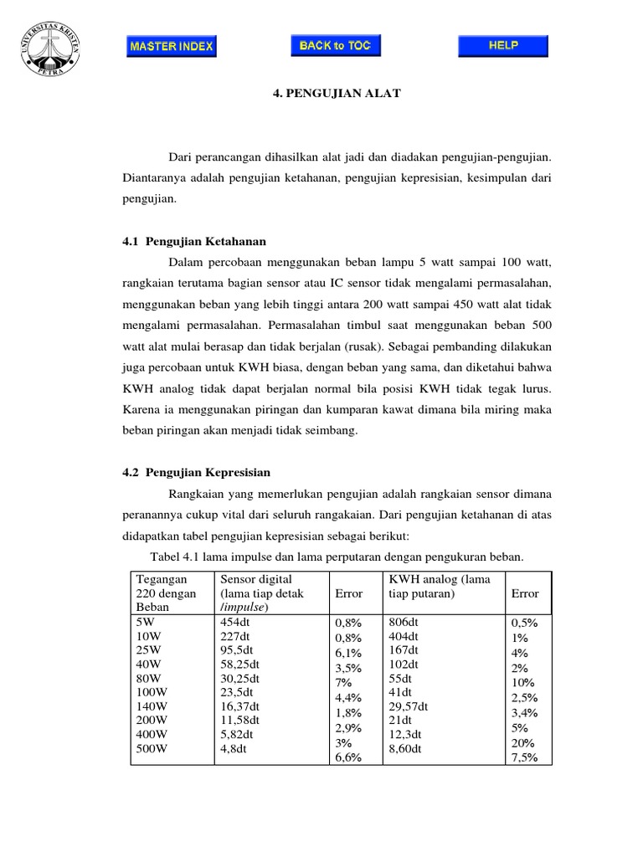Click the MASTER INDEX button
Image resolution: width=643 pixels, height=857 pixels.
(172, 46)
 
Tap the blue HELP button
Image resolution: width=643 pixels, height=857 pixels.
(503, 45)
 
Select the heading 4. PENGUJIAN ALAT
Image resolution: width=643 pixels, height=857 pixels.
(325, 95)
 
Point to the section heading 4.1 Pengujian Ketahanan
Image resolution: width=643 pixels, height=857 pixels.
(193, 241)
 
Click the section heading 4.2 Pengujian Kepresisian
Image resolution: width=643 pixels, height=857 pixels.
(197, 472)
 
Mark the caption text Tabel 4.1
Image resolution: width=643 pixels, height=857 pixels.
(174, 557)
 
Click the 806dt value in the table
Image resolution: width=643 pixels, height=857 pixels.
(405, 622)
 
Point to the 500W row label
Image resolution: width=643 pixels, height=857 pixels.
(152, 750)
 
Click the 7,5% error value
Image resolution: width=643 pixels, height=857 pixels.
(525, 758)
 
